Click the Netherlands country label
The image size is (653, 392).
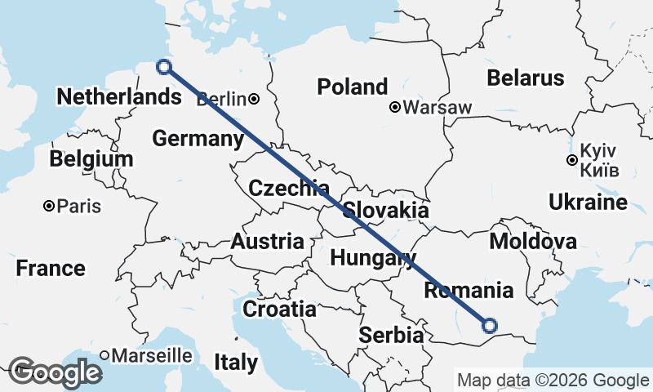click(119, 96)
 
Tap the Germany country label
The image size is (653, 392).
click(198, 139)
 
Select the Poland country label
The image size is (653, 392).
click(353, 87)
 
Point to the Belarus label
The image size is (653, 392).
click(526, 78)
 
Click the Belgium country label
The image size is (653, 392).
click(91, 158)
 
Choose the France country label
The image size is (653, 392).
click(51, 268)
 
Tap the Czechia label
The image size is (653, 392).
click(289, 189)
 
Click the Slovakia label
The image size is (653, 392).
click(386, 210)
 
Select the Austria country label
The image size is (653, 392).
click(268, 242)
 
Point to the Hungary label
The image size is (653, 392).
click(372, 259)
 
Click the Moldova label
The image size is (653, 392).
click(533, 241)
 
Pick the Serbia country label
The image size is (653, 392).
click(392, 335)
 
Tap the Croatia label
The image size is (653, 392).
click(279, 309)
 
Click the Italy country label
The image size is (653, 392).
click(236, 362)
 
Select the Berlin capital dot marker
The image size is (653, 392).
click(255, 99)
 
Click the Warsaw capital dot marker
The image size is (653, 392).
click(395, 107)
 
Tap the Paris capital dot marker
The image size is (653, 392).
click(50, 206)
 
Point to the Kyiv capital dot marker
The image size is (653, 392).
click(572, 161)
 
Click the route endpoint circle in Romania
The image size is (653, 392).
click(489, 325)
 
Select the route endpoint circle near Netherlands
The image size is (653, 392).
click(164, 67)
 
